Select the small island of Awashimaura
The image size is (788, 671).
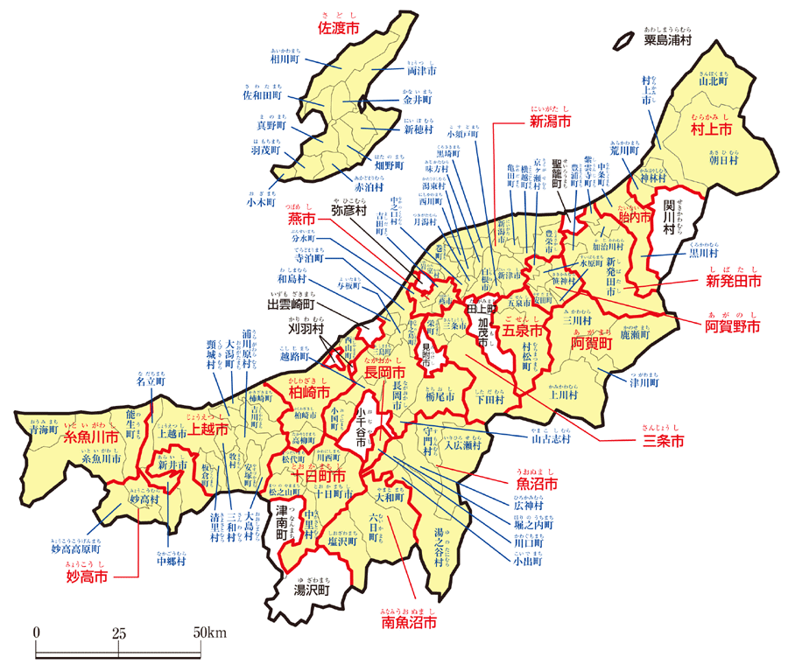[x=623, y=40]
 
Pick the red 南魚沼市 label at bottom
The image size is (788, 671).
[x=408, y=623]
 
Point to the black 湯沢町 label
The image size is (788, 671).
[x=310, y=591]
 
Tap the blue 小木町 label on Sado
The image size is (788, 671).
[x=264, y=201]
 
